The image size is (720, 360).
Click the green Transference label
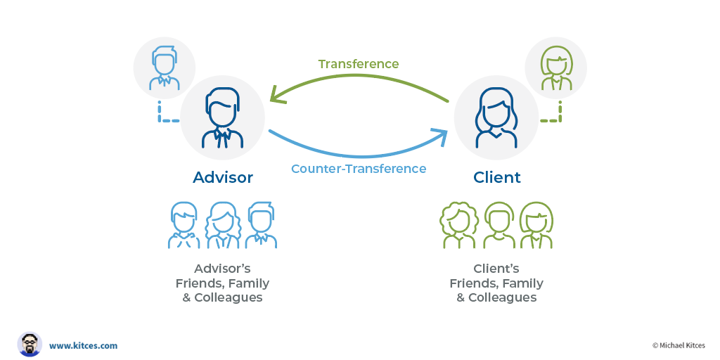tap(358, 64)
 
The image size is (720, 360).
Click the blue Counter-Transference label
tap(359, 169)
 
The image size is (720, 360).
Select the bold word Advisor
tap(223, 177)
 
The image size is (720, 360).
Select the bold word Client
tap(497, 177)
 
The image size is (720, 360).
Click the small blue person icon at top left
tap(164, 68)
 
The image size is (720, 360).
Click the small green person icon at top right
tap(555, 68)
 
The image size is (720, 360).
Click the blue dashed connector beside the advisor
tap(162, 116)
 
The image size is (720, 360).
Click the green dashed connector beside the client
tap(556, 116)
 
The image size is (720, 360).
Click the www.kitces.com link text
tap(83, 345)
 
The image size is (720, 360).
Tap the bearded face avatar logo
tap(30, 345)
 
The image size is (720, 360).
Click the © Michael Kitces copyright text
tap(678, 345)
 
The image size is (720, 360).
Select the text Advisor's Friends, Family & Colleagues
tap(222, 283)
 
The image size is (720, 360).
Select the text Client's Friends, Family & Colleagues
tap(496, 283)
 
